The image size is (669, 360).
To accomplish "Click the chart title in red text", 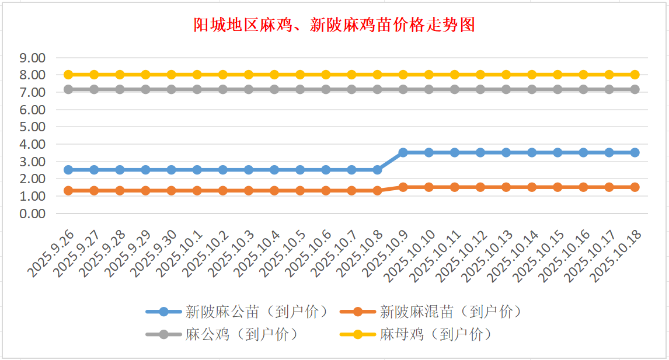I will tap(334, 25).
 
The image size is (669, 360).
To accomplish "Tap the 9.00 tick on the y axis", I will tap(32, 58).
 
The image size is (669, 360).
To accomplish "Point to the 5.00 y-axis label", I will tap(32, 127).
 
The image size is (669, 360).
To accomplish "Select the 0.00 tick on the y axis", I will tap(32, 214).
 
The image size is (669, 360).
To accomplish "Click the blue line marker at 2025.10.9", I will tap(403, 152).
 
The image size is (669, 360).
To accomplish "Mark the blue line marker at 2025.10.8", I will tap(377, 170).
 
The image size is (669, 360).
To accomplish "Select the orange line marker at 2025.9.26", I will tap(68, 190).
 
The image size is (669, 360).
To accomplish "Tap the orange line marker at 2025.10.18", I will tap(635, 187).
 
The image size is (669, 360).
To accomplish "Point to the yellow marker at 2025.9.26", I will tap(68, 75).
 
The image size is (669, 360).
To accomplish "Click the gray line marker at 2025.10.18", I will tap(635, 89).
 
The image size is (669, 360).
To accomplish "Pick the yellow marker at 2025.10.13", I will tap(506, 75).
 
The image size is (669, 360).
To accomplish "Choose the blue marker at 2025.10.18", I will tap(635, 152).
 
